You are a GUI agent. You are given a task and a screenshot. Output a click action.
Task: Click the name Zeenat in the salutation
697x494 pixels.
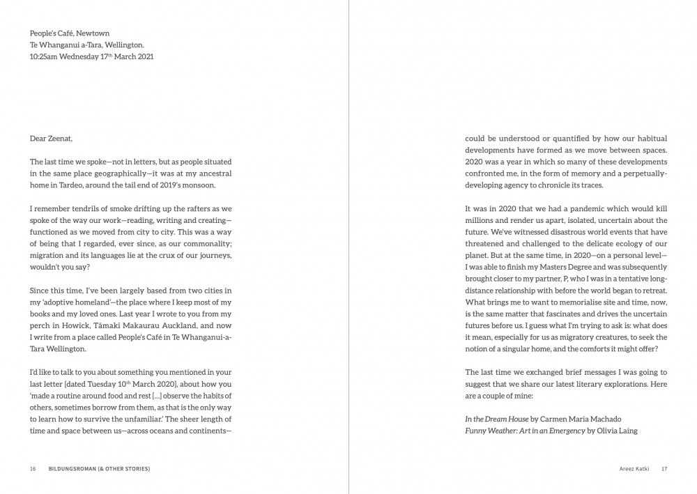(60, 139)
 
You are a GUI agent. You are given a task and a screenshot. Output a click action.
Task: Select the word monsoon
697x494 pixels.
(198, 184)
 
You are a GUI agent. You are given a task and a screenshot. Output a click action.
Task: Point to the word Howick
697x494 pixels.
(68, 325)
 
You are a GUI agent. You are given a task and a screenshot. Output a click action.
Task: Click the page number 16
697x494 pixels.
(33, 469)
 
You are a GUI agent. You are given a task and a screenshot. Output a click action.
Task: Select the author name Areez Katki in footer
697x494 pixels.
(634, 469)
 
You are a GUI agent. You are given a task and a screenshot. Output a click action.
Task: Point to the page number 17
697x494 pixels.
(664, 469)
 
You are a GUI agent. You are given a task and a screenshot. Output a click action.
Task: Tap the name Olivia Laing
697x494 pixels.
(615, 431)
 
